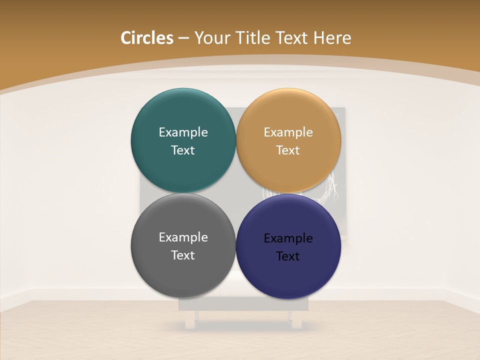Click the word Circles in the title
[x=147, y=38]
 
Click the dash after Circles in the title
[x=183, y=38]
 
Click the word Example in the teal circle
[x=183, y=132]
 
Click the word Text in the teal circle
[x=183, y=150]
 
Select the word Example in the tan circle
[x=288, y=132]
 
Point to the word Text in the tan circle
[x=288, y=150]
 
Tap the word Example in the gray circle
[x=183, y=237]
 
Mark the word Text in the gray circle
[x=183, y=255]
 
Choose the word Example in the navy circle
[x=288, y=238]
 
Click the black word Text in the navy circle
[x=288, y=256]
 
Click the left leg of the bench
[x=190, y=320]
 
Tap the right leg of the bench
[x=297, y=320]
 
